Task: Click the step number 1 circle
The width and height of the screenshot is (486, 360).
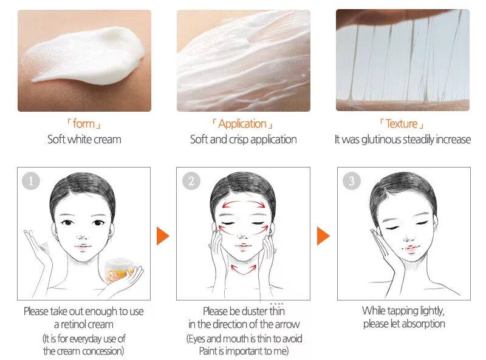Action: click(30, 180)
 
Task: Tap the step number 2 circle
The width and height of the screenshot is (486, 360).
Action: click(191, 180)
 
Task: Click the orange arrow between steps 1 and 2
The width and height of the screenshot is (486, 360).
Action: click(162, 236)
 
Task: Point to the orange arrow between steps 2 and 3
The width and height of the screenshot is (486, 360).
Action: click(323, 236)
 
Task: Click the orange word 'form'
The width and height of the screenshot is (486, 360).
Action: click(84, 124)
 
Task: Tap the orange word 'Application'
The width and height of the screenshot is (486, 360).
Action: click(242, 124)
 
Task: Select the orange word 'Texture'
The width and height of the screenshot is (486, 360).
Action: click(402, 124)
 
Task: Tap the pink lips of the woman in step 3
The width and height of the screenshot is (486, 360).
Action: click(409, 249)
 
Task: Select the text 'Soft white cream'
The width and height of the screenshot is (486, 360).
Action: click(84, 140)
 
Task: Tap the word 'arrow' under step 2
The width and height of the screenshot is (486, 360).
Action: click(286, 324)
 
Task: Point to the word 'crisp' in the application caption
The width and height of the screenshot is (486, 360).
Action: click(242, 140)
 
